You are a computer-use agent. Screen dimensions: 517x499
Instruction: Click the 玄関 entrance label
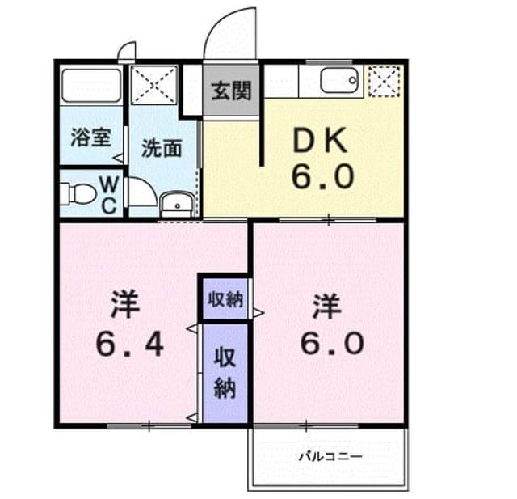click(x=232, y=91)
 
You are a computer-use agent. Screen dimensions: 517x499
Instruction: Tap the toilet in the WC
click(x=78, y=193)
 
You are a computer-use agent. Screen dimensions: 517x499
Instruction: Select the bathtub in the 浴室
click(x=91, y=86)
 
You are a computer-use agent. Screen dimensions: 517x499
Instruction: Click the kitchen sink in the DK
click(x=339, y=80)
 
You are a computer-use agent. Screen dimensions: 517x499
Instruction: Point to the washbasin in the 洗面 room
click(x=177, y=205)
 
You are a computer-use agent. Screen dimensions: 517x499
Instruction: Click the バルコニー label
click(x=330, y=457)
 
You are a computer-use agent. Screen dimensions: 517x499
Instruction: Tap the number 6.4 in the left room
click(x=129, y=345)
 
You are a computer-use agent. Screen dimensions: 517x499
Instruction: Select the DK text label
click(x=320, y=141)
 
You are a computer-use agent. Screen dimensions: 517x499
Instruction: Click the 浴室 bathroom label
click(x=91, y=137)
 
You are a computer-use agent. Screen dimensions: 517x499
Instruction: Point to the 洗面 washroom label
click(x=162, y=149)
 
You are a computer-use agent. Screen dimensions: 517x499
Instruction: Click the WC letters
click(x=109, y=196)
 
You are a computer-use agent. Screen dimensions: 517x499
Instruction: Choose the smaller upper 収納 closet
click(x=225, y=299)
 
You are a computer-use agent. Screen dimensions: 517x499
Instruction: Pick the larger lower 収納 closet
click(x=225, y=374)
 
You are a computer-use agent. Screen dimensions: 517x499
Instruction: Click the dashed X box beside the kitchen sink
click(x=385, y=81)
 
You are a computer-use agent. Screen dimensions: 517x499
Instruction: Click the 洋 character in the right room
click(x=326, y=306)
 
